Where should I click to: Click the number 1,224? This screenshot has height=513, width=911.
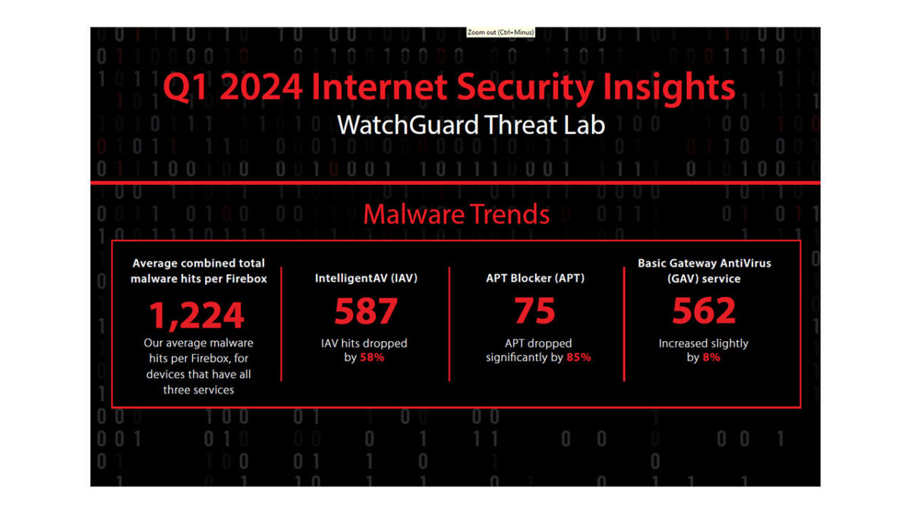(197, 315)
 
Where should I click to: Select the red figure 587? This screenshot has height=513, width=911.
(366, 311)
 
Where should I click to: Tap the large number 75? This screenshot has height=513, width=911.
(534, 311)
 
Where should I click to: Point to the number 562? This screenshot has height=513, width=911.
(704, 311)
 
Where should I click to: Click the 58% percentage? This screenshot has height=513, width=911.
(372, 357)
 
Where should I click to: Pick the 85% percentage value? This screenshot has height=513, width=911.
(578, 357)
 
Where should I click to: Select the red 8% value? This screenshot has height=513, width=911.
(711, 357)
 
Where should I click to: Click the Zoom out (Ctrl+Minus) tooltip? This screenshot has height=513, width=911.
(500, 32)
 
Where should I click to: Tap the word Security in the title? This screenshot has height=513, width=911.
(525, 87)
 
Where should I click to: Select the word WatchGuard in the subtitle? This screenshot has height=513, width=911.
(408, 125)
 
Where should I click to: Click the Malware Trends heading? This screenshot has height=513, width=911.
(456, 214)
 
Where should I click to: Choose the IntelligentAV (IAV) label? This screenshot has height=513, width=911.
(366, 278)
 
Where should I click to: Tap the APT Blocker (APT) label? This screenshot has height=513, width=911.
(535, 278)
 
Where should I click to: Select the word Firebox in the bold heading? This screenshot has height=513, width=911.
(246, 279)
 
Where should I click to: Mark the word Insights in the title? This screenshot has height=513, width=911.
(669, 87)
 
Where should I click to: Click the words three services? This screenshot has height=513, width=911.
(198, 390)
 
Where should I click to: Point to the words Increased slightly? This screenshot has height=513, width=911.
(703, 344)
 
